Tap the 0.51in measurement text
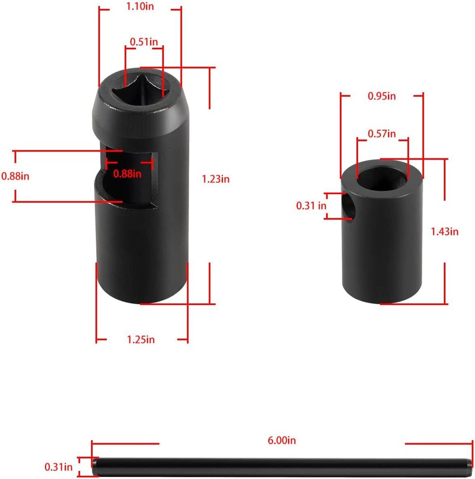[144, 42]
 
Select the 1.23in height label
[215, 179]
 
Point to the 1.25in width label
[141, 340]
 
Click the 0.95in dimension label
[382, 96]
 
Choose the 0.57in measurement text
[382, 134]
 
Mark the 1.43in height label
[445, 231]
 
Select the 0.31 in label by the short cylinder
[311, 206]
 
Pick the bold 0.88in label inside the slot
[127, 173]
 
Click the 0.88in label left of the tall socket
[15, 176]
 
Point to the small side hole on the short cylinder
[349, 206]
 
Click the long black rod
[283, 465]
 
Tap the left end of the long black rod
[96, 465]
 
